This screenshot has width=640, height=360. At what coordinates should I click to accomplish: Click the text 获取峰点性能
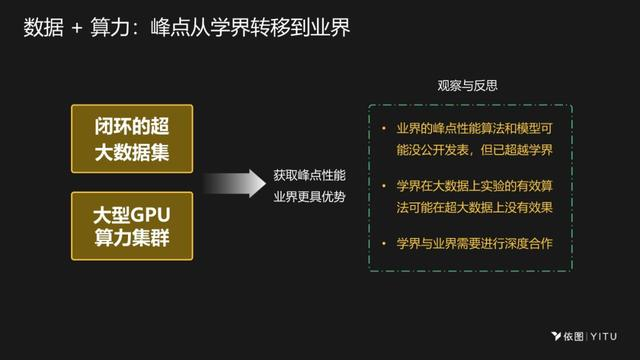pos(309,175)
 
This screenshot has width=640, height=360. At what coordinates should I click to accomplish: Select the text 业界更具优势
pos(309,196)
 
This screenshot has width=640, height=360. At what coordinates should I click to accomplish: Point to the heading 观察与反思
pos(468,86)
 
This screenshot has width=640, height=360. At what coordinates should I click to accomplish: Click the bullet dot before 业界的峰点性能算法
pos(384,129)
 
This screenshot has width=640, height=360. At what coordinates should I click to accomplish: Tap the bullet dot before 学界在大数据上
pos(384,186)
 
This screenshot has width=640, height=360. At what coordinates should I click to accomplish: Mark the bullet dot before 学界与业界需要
pos(384,243)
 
